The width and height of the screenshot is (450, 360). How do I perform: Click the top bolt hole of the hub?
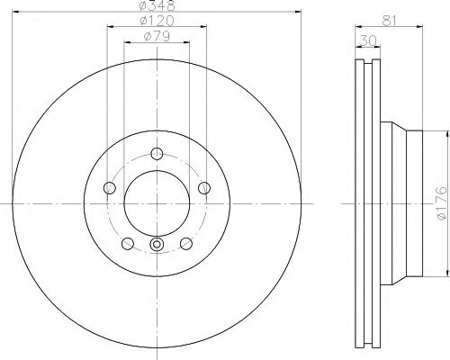[x=157, y=152]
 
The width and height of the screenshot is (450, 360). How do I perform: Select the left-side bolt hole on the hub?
[x=110, y=187]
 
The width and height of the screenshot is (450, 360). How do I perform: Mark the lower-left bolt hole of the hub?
[x=127, y=243]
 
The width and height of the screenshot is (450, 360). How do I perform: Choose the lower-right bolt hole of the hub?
[x=186, y=243]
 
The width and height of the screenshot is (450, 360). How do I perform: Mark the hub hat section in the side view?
[x=405, y=204]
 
